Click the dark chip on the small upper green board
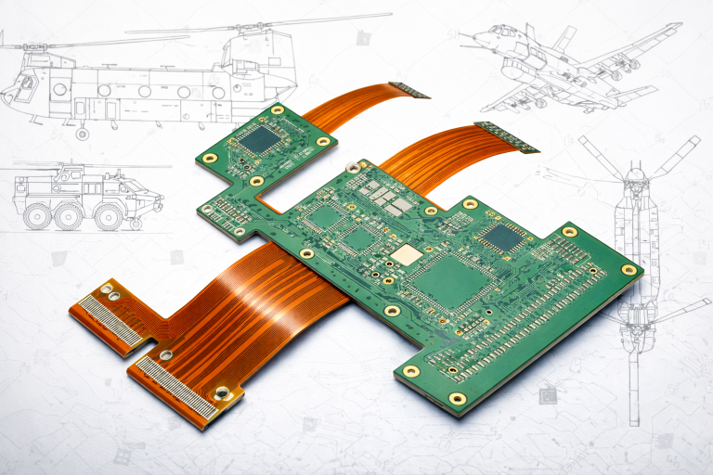click(263, 140)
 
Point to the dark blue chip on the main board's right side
click(502, 237)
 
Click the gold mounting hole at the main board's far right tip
click(629, 270)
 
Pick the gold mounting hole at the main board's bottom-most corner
click(457, 399)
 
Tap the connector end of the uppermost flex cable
click(408, 90)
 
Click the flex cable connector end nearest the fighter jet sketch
click(506, 135)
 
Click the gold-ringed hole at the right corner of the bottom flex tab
click(222, 394)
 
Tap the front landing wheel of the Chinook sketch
click(82, 134)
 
